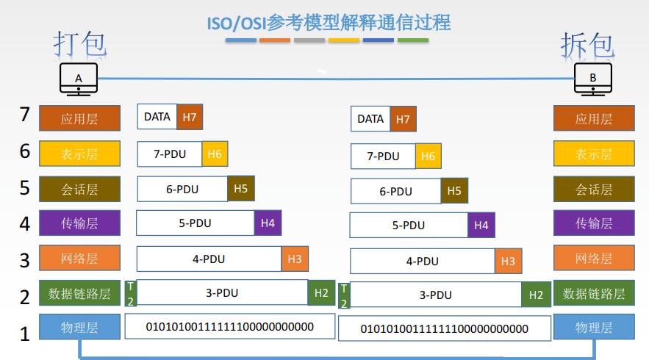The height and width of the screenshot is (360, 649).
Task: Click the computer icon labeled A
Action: (79, 80)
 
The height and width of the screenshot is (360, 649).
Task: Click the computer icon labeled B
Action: (592, 80)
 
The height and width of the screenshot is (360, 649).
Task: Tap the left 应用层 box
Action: (79, 118)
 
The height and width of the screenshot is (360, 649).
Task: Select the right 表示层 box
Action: (593, 154)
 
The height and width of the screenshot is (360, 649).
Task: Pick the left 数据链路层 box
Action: (79, 294)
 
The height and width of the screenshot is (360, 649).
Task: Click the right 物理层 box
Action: (593, 328)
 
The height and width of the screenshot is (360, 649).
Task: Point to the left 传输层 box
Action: (79, 223)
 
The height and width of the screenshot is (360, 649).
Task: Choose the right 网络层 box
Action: (593, 259)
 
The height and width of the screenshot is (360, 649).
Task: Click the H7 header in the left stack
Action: (190, 116)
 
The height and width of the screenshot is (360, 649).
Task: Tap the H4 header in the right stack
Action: (481, 226)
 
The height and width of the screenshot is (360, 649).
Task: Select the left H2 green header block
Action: (321, 292)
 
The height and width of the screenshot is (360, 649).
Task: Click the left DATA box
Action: (157, 116)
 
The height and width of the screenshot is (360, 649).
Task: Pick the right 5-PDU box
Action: (409, 226)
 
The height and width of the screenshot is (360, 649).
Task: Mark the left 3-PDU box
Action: (222, 292)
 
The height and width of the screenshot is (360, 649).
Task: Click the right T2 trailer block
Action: (344, 295)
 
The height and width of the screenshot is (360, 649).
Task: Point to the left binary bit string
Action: (229, 326)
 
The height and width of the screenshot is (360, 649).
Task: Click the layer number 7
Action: (25, 115)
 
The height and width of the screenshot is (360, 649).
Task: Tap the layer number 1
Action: (25, 334)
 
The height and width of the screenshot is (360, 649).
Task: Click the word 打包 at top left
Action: (80, 43)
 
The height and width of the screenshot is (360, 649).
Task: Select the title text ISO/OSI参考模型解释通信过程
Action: (329, 23)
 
